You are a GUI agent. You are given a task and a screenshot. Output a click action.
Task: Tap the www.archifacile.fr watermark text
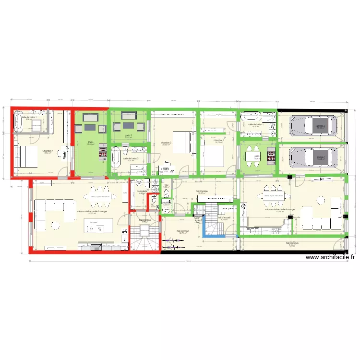(x=330, y=257)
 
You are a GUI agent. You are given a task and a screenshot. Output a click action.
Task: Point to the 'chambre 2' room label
(x=166, y=143)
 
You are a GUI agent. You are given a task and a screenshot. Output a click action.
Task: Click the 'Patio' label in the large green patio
(x=91, y=142)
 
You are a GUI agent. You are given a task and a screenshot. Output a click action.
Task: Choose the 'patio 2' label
(x=128, y=135)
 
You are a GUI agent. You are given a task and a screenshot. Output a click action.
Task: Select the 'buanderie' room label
(x=142, y=191)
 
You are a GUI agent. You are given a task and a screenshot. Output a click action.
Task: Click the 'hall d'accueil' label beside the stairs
(x=224, y=217)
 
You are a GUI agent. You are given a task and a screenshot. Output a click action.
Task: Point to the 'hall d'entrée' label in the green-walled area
(x=202, y=191)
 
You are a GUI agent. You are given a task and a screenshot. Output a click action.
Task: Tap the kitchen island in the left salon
(x=99, y=225)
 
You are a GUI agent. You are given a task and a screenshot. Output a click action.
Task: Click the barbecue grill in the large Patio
(x=103, y=152)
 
